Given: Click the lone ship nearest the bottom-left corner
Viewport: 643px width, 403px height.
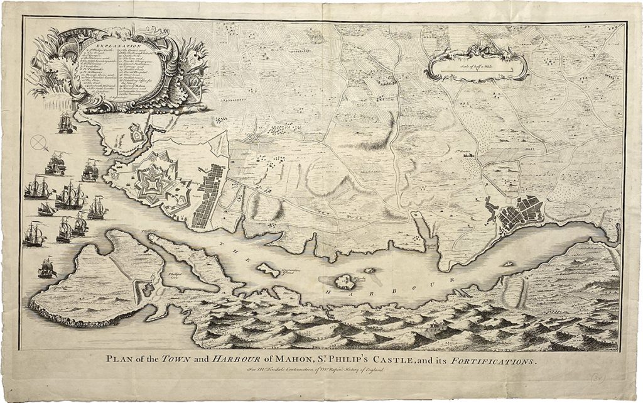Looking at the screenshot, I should coord(46,268).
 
